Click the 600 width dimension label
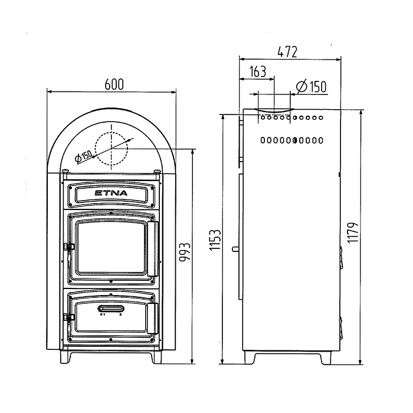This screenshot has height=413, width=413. pos(114,84)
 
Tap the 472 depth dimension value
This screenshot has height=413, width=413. pos(287,52)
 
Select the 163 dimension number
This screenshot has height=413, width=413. pos(258,71)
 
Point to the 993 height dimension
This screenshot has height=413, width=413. pos(185,252)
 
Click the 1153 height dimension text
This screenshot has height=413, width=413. pos(215,240)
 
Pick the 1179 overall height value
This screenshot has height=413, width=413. pos(353,232)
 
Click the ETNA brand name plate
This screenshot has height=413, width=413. pos(111,194)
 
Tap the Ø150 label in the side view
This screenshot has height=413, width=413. pos(312,86)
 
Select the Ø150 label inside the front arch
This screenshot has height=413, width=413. pos(84,156)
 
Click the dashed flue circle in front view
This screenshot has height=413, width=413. pos(95,149)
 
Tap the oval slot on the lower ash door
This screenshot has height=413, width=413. pos(111,308)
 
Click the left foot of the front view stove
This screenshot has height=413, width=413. pos(65,358)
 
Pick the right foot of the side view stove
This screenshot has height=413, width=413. pos(326,358)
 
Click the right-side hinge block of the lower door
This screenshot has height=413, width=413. pos(152,318)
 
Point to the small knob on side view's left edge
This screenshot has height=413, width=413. pos(235,249)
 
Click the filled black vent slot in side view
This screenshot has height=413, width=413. pos(295,140)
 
